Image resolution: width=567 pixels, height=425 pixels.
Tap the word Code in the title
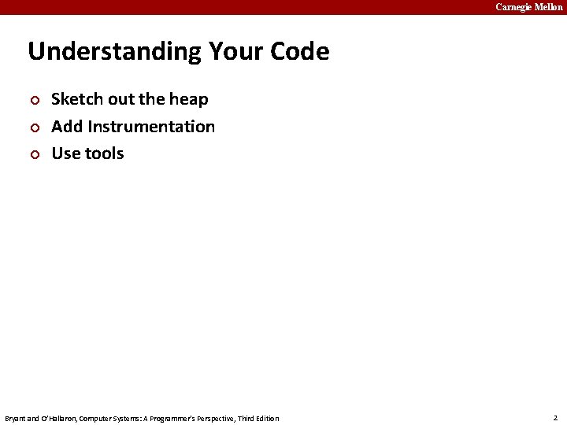(299, 52)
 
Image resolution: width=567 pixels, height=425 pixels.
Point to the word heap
(189, 99)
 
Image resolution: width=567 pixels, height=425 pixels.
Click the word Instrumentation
(151, 127)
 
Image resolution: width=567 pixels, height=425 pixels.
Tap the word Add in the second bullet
(67, 127)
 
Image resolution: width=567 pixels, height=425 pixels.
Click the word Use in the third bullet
(65, 153)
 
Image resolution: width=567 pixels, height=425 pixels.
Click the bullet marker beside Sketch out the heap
(33, 100)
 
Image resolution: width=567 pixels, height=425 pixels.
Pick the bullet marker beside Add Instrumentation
(33, 128)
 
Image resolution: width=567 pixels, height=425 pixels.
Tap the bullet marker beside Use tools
(33, 154)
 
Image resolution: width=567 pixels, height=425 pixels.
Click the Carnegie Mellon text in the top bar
(528, 7)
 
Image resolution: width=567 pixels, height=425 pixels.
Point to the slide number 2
(555, 418)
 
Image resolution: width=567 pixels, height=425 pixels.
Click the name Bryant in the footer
(16, 419)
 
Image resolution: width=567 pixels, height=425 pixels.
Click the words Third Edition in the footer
(258, 419)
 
